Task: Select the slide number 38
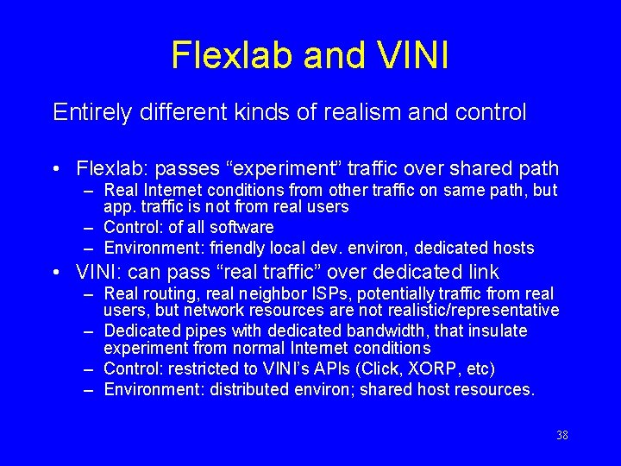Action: [562, 435]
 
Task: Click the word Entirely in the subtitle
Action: [85, 112]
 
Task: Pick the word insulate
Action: [497, 331]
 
